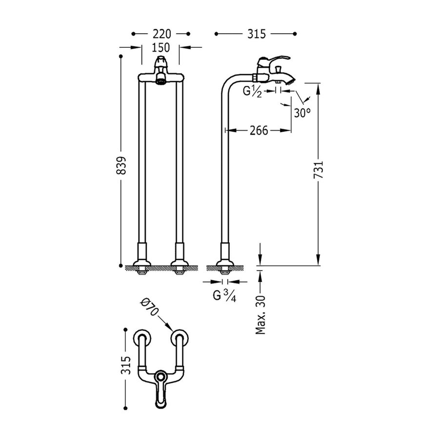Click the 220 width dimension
pos(161,34)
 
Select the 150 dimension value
pos(160,48)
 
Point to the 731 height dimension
pos(318,171)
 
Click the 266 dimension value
pos(259,131)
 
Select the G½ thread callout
pos(253,91)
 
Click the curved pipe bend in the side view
pos(231,83)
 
